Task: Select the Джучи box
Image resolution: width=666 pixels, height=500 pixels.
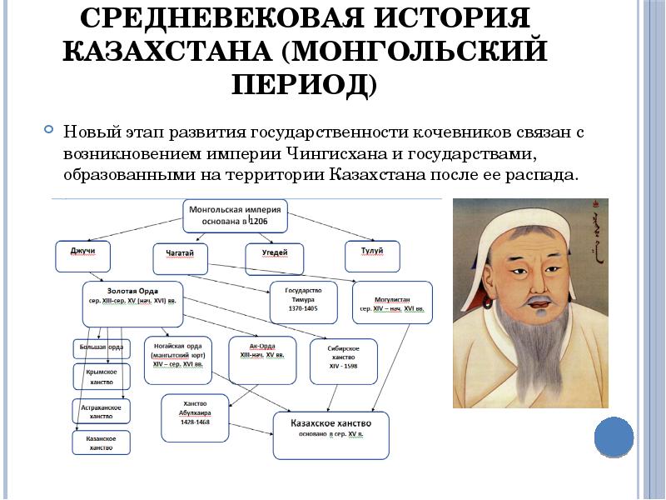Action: (x=82, y=256)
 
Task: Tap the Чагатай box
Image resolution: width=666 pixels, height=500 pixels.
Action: (x=180, y=258)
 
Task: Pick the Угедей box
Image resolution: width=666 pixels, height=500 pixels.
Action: (x=273, y=258)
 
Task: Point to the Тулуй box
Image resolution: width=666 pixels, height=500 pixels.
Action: (x=372, y=256)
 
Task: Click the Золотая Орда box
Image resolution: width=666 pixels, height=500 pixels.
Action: (x=133, y=303)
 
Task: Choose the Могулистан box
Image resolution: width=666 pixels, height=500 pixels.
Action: (x=393, y=302)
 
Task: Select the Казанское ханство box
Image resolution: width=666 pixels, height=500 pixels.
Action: (x=102, y=442)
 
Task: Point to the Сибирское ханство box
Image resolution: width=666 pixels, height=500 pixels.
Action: (x=344, y=360)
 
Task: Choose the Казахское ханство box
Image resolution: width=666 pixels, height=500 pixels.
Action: (x=331, y=434)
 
